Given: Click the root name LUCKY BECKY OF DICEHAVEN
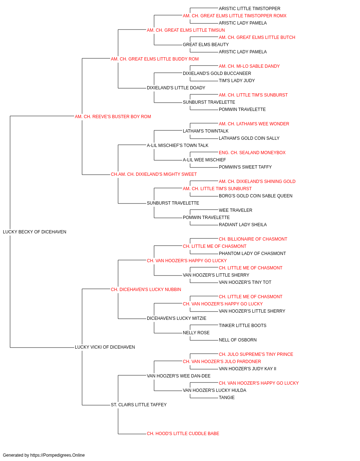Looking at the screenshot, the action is [x=35, y=232].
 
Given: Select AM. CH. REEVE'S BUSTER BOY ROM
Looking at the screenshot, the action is [x=113, y=117].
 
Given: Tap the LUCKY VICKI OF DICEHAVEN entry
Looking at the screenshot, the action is [x=105, y=347].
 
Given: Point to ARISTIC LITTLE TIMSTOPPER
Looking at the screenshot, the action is [x=249, y=9].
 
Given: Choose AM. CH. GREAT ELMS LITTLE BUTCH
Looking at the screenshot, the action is [x=257, y=37].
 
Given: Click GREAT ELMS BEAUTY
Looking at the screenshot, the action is [x=206, y=45].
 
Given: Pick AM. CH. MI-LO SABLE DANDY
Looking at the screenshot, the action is [x=249, y=66].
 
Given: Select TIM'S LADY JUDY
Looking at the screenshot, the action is [x=237, y=81].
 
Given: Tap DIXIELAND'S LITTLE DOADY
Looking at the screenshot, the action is [x=176, y=88].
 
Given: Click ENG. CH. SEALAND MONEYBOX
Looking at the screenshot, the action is [x=252, y=153].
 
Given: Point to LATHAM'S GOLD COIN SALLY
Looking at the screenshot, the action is [x=249, y=138].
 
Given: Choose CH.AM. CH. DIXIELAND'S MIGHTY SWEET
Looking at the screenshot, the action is [x=154, y=174].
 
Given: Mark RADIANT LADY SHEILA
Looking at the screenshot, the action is [x=243, y=225].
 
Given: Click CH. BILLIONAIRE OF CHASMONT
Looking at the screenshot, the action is [x=253, y=239].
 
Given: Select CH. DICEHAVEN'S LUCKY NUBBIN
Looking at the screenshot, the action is [x=146, y=289].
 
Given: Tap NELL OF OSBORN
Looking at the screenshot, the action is [x=238, y=340].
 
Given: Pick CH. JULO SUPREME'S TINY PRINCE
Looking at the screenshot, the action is [x=256, y=354].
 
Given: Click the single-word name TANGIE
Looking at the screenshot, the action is [x=227, y=398].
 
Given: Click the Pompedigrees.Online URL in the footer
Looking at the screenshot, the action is [x=57, y=455].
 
